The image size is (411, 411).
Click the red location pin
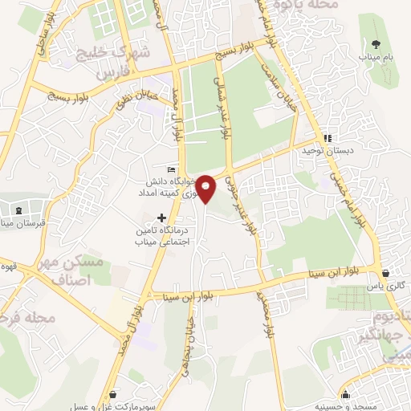[x=206, y=187]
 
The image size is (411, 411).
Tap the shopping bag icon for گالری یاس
[x=387, y=272]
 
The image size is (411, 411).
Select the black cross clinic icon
[x=162, y=217]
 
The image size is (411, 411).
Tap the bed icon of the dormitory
[x=170, y=169]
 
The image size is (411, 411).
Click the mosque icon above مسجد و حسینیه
[x=345, y=393]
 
